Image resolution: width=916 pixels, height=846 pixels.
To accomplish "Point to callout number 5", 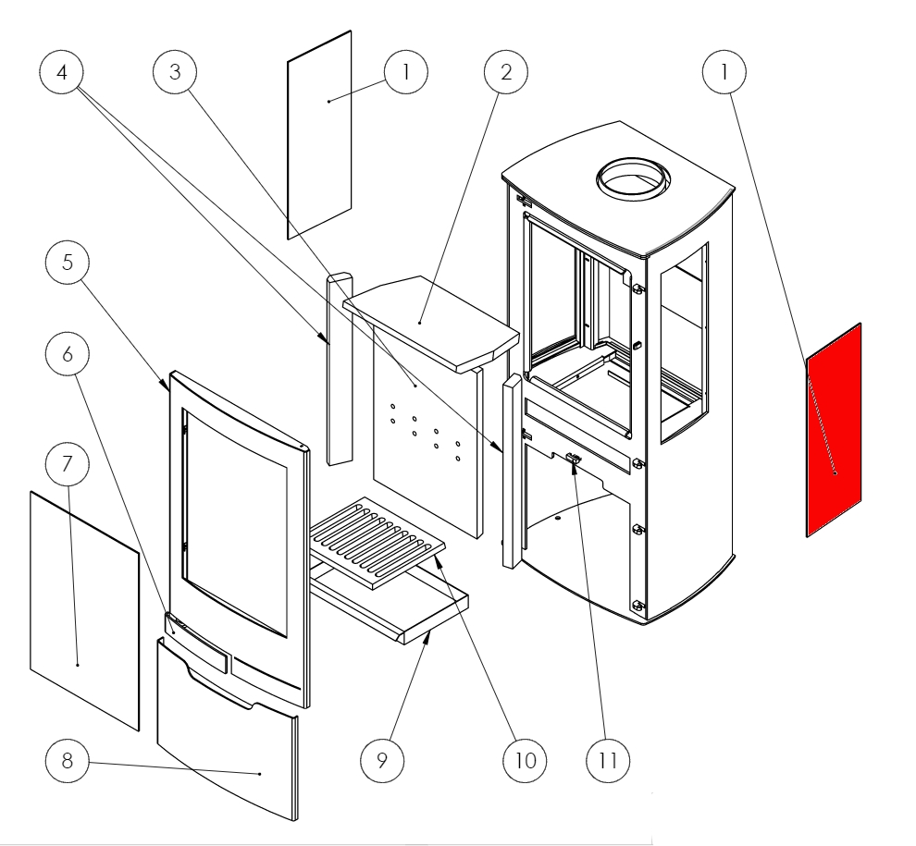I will pyautogui.click(x=68, y=263).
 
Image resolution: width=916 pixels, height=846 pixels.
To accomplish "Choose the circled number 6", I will pyautogui.click(x=68, y=355).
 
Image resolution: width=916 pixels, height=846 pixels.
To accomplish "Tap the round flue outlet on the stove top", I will pyautogui.click(x=635, y=177).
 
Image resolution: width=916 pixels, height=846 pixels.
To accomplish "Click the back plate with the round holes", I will pyautogui.click(x=426, y=444).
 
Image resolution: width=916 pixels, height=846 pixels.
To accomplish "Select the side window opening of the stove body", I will pyautogui.click(x=683, y=342).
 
